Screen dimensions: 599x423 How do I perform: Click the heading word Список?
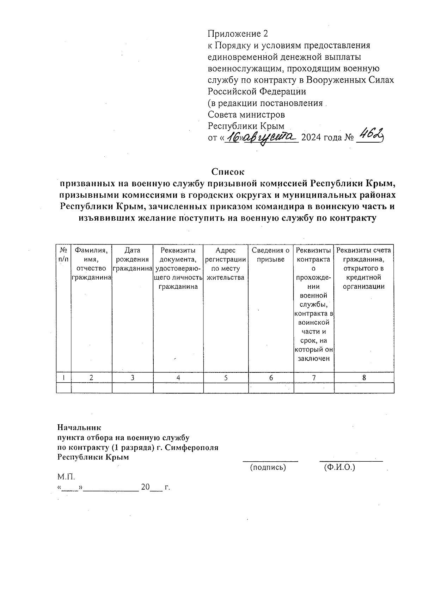tap(228, 172)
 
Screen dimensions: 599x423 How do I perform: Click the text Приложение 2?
tap(238, 34)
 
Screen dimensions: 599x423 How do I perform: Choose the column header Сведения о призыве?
tap(271, 255)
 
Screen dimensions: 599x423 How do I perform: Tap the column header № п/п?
tap(63, 255)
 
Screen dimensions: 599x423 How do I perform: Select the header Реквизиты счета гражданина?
tap(364, 268)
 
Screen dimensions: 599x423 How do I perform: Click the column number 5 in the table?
tap(226, 378)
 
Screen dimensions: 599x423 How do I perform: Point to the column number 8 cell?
tap(364, 378)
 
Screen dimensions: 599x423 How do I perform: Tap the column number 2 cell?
tap(91, 378)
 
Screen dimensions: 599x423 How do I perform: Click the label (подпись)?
tap(268, 468)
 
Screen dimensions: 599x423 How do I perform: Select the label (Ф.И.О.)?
tap(339, 468)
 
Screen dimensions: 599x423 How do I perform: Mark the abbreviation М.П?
tap(66, 477)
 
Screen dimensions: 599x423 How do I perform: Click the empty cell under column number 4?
tap(178, 388)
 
